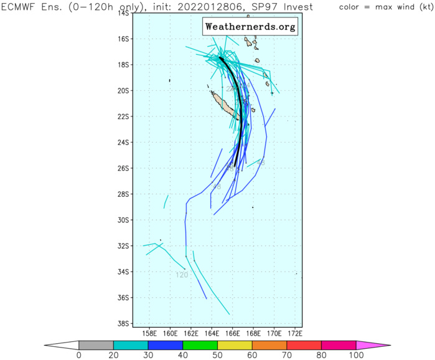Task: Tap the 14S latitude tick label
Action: (123, 13)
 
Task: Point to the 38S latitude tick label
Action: (123, 323)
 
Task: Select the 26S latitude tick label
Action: (123, 168)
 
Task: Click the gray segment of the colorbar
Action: (96, 344)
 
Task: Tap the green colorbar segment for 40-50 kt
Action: (200, 344)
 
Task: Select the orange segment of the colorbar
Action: (269, 344)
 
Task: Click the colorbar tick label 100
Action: (356, 355)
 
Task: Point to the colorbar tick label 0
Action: (79, 355)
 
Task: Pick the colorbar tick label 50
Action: (217, 355)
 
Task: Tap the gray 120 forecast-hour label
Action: (182, 275)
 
